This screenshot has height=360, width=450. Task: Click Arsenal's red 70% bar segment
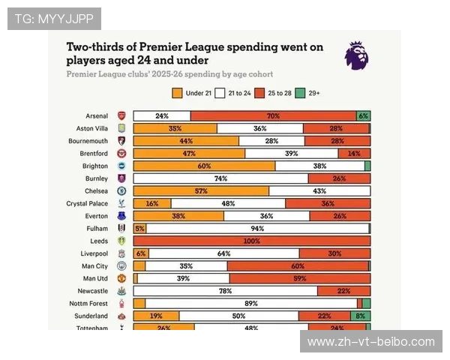(x=273, y=116)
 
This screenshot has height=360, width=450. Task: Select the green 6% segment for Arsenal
(x=363, y=116)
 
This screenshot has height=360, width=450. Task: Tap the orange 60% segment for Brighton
(x=204, y=166)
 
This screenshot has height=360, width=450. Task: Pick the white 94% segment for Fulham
(x=257, y=228)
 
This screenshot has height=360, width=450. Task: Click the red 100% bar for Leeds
(x=252, y=241)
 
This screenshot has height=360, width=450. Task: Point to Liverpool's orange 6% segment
(x=140, y=253)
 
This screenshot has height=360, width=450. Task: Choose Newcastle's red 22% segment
(x=343, y=290)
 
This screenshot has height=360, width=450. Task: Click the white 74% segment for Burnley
(x=220, y=178)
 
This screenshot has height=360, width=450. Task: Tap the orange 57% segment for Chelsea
(x=201, y=191)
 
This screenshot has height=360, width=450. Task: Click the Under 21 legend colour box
(x=177, y=94)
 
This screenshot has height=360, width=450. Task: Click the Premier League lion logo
(x=357, y=56)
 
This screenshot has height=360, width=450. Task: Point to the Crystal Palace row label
(x=87, y=203)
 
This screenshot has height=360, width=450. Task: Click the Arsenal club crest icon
(x=121, y=116)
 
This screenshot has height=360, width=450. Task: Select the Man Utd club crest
(x=121, y=278)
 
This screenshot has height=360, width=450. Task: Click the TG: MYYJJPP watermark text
(x=54, y=18)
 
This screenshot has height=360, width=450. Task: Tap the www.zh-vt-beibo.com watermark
(x=371, y=342)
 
